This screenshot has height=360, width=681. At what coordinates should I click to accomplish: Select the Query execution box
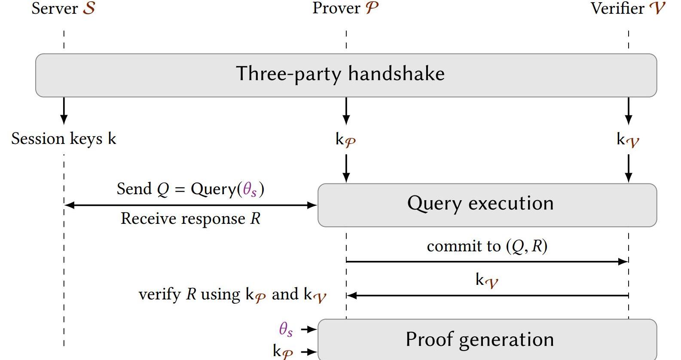tap(487, 205)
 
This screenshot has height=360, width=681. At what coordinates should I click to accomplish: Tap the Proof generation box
tap(487, 339)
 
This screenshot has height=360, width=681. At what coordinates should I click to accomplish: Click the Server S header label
tap(64, 9)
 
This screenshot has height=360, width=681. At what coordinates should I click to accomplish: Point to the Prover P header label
tap(345, 9)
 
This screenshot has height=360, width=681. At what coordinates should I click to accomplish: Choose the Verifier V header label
tap(628, 9)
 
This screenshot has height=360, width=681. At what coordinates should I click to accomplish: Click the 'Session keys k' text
tap(64, 139)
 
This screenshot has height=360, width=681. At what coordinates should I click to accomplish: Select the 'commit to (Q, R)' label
tap(487, 246)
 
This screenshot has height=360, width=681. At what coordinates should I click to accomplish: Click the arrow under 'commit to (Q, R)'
tap(487, 261)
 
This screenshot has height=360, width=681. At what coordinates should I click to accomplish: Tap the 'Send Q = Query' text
tap(190, 189)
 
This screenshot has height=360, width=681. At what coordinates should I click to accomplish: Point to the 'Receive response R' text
tap(190, 219)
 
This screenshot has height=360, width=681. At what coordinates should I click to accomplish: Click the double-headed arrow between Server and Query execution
tap(190, 205)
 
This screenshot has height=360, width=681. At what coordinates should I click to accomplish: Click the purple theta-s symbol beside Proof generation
tap(286, 329)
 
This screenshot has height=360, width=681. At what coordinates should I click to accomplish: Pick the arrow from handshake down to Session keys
tap(64, 110)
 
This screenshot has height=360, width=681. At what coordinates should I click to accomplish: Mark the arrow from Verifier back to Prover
tap(487, 296)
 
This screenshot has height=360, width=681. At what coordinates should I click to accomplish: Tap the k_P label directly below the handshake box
tap(345, 140)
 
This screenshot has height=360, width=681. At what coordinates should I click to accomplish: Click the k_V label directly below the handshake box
tap(628, 140)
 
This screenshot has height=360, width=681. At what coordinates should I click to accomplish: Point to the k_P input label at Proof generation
tap(283, 351)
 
